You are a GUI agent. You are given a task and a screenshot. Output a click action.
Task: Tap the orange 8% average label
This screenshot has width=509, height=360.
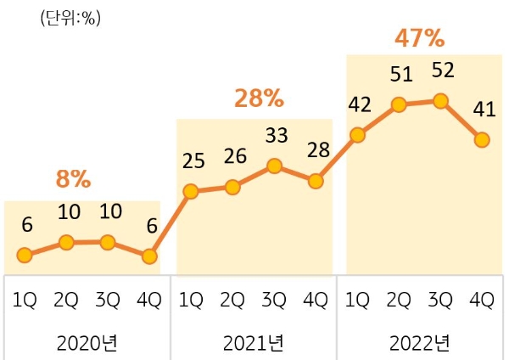(x=73, y=179)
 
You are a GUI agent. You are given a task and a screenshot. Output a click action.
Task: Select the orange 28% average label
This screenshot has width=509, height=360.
(x=259, y=98)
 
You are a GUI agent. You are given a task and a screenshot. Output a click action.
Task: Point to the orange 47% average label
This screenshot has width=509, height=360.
(x=420, y=38)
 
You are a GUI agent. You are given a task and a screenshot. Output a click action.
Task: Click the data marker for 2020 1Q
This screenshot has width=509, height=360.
(x=25, y=255)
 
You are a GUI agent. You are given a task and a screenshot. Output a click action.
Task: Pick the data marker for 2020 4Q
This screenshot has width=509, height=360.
(x=149, y=256)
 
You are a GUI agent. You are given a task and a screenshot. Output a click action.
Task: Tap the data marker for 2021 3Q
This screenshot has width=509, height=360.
(x=274, y=166)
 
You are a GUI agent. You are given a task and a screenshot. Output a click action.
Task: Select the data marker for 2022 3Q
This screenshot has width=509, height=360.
(x=440, y=101)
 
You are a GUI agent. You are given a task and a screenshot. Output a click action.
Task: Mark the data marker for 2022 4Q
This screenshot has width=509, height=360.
(x=482, y=139)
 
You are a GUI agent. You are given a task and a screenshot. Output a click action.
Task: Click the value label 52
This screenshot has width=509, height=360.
(x=441, y=70)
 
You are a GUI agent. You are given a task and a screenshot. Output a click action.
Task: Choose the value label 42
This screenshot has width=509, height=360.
(x=357, y=104)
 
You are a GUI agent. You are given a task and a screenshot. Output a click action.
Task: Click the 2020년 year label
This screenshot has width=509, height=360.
(x=87, y=343)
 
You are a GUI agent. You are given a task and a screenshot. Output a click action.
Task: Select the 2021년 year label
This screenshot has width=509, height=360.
(x=254, y=343)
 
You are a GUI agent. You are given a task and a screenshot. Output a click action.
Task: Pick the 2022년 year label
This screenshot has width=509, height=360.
(x=420, y=343)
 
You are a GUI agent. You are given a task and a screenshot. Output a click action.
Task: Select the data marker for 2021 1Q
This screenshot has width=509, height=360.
(x=191, y=191)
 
